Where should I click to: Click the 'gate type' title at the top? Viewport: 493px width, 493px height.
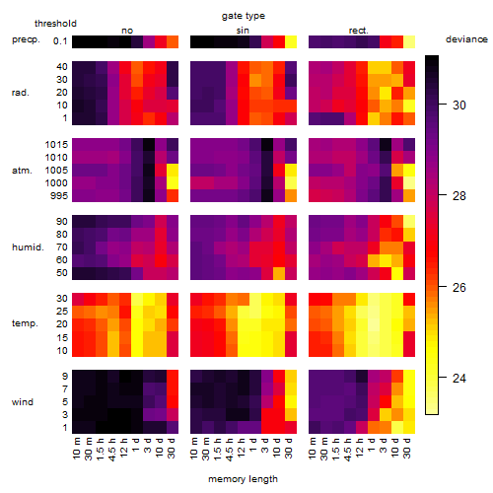point(244,16)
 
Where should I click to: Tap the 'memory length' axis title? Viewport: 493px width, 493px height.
point(243,479)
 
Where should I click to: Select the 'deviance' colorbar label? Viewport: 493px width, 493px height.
point(466,39)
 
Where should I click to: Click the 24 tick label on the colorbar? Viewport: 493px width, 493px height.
point(458,379)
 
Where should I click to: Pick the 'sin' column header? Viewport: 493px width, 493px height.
point(243,31)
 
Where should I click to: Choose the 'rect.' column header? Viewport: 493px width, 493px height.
point(358,31)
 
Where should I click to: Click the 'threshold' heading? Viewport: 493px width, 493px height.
point(55,24)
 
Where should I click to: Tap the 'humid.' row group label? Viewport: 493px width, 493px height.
point(28,247)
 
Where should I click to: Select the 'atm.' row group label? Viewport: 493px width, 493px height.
point(22,171)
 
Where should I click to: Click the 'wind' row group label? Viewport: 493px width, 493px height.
point(23,402)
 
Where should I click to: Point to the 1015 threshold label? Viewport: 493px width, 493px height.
point(56,145)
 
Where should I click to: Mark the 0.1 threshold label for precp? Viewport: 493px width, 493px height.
point(60,41)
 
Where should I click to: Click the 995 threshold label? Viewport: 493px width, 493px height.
point(59,196)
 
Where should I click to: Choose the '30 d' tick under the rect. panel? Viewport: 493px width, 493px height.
point(407,448)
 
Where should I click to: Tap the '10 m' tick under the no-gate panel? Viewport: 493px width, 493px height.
point(76,448)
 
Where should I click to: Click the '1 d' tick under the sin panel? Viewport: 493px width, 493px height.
point(253,444)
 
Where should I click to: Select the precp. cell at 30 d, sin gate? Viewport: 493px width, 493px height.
point(291,42)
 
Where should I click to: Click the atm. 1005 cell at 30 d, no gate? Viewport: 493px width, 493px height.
point(173,171)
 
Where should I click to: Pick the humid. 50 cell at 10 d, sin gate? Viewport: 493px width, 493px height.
point(279,273)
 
